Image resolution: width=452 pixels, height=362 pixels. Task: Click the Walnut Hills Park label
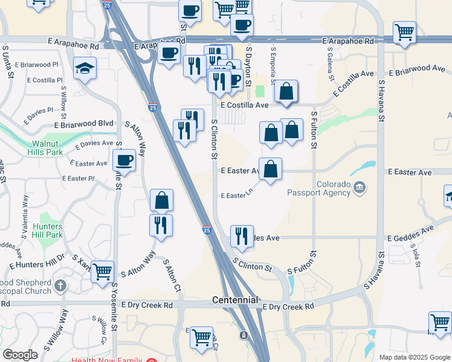[45, 148]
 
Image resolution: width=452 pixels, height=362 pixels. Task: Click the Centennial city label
[235, 300]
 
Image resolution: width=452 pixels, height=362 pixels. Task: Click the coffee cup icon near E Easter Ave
[124, 160]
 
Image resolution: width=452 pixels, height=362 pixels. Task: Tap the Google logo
[19, 355]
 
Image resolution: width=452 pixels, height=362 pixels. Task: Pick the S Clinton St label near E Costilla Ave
[214, 139]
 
